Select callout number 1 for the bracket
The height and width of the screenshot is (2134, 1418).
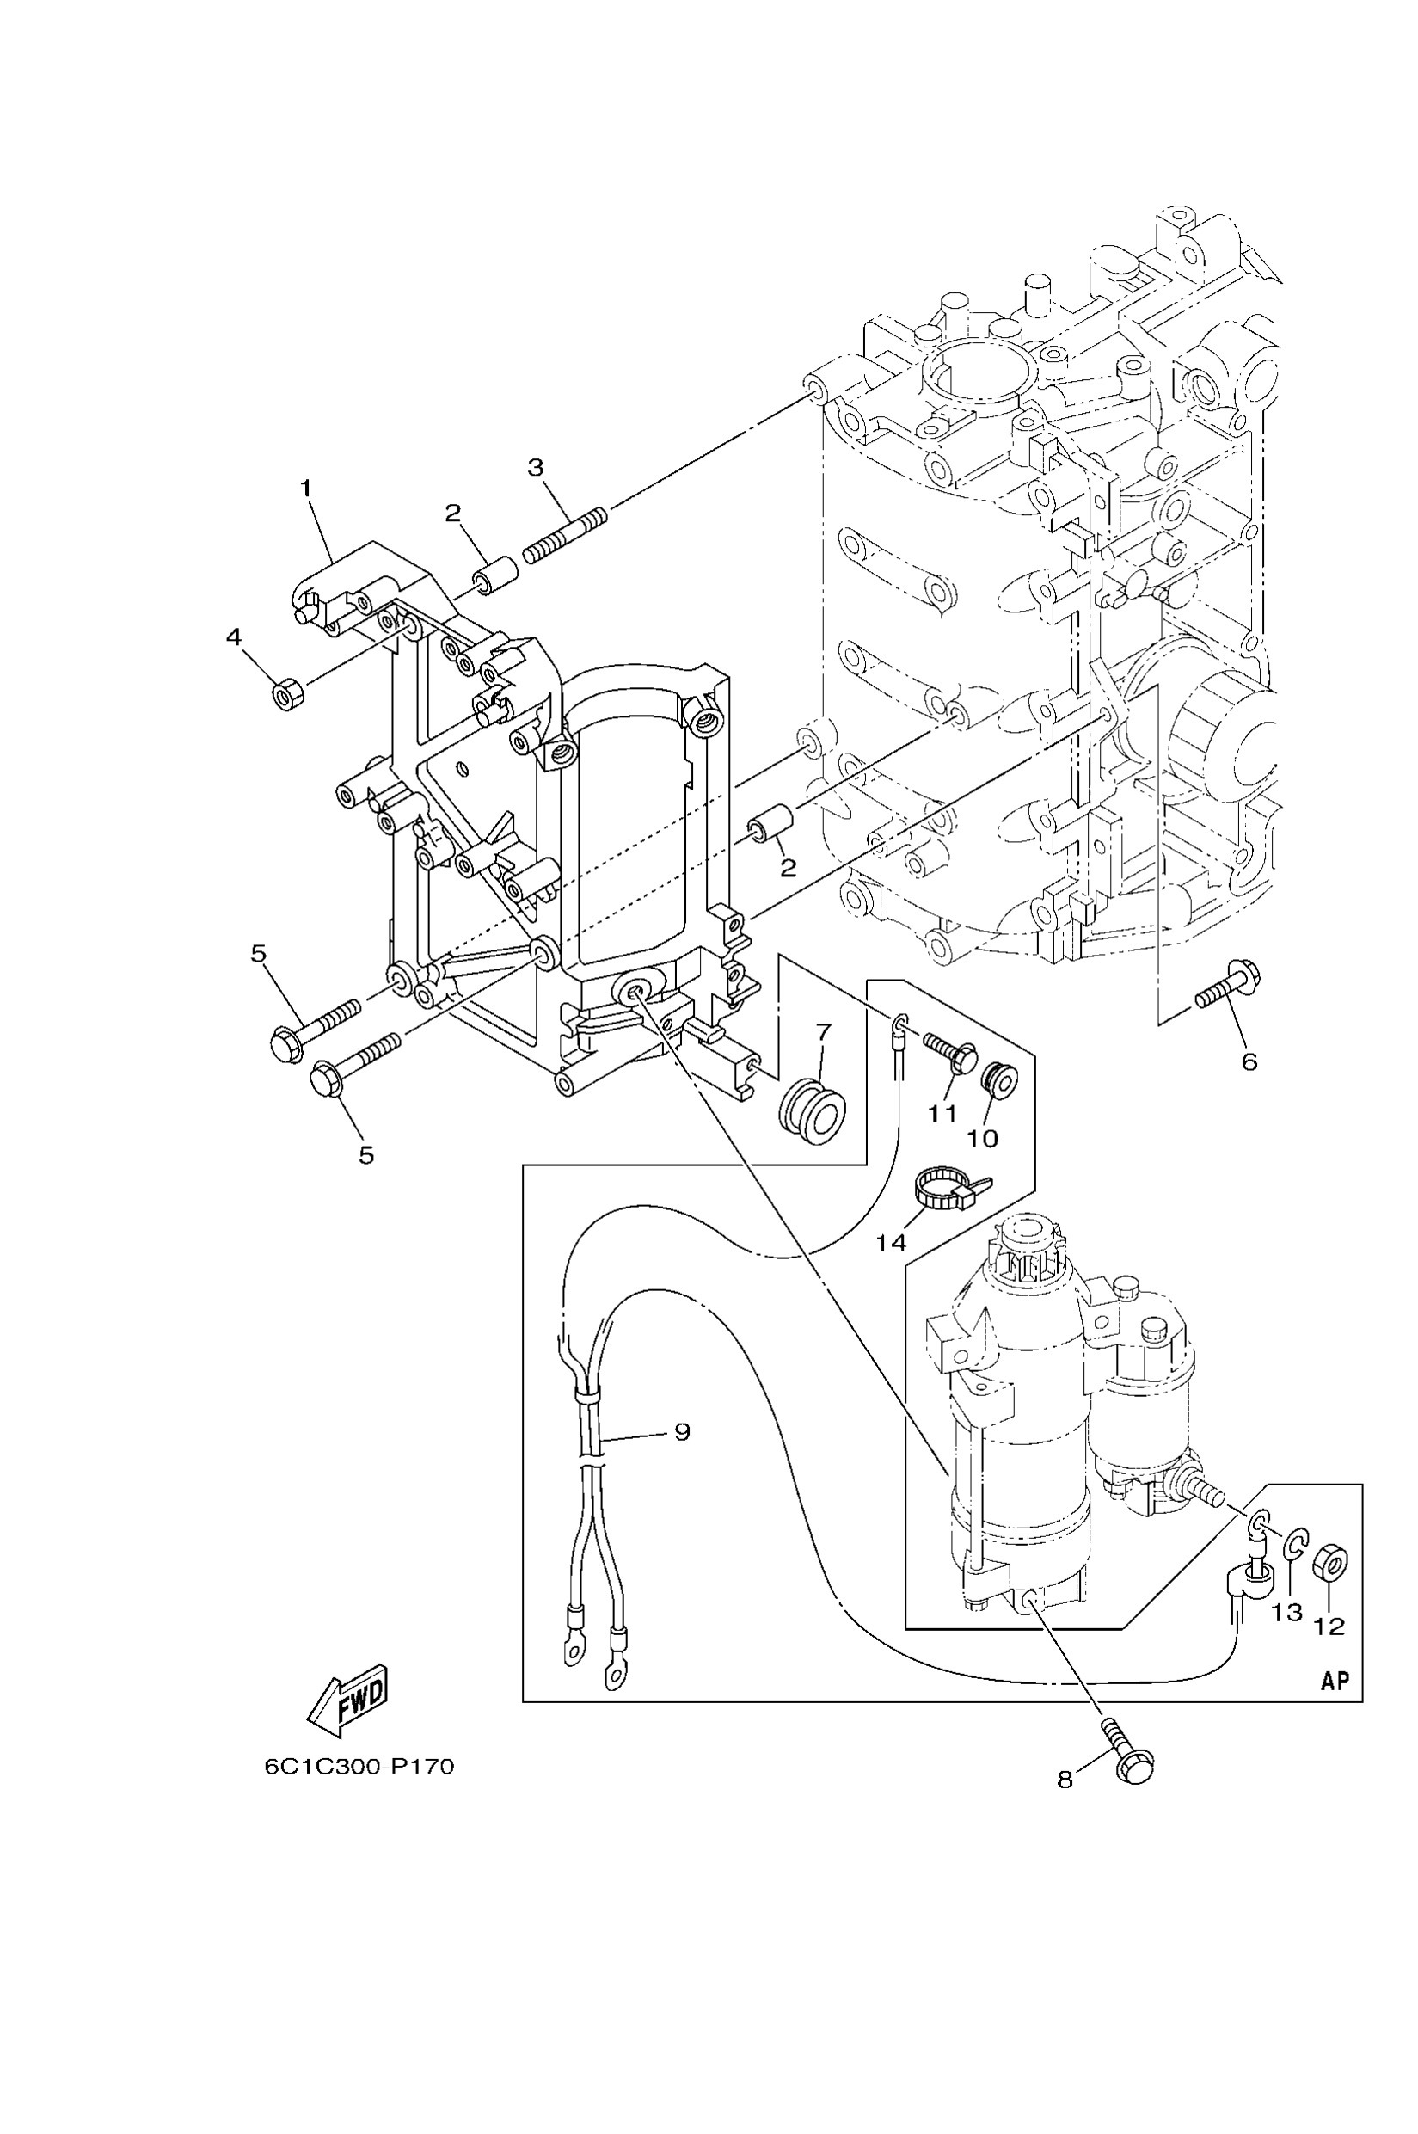pyautogui.click(x=305, y=489)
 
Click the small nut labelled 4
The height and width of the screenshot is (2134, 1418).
pyautogui.click(x=287, y=696)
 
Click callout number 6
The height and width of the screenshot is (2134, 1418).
pyautogui.click(x=1249, y=1061)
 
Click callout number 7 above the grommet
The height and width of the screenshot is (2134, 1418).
pyautogui.click(x=823, y=1031)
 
